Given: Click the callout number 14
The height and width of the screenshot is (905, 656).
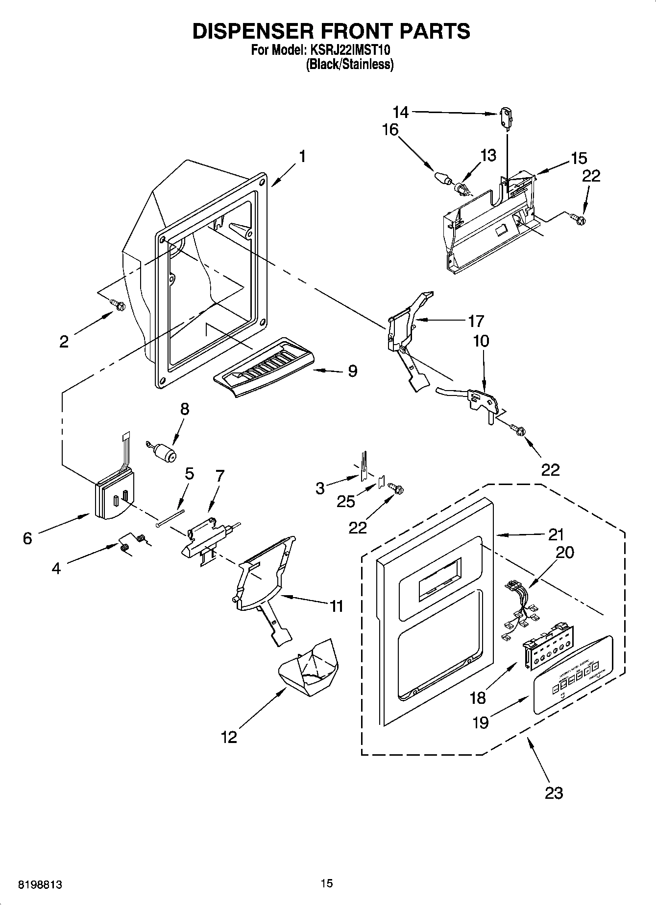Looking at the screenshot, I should (x=400, y=112).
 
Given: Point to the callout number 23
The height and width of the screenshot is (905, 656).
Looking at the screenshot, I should (x=554, y=792).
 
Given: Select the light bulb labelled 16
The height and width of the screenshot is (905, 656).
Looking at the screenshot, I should (x=443, y=178).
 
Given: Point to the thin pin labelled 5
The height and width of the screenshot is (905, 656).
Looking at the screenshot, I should (x=170, y=518).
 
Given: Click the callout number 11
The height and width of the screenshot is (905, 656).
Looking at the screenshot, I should (x=336, y=606).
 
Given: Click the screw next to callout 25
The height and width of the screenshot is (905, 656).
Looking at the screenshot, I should (x=396, y=488).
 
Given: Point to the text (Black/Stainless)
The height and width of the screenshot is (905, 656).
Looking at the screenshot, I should (x=349, y=64).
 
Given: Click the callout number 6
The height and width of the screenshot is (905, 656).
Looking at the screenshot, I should (x=27, y=538).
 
